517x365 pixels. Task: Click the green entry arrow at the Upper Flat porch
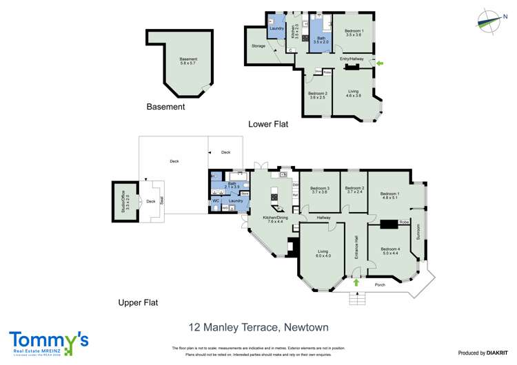click(x=356, y=282)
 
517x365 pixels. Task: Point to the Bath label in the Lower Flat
click(x=321, y=40)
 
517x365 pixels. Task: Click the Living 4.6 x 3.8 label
click(x=353, y=94)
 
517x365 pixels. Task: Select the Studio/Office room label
click(x=128, y=202)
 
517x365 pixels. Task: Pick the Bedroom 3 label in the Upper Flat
click(x=320, y=190)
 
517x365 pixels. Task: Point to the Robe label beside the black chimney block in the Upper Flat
click(x=404, y=222)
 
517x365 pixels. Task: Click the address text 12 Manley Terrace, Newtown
click(x=258, y=327)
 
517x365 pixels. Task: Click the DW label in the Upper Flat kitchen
click(x=295, y=185)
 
